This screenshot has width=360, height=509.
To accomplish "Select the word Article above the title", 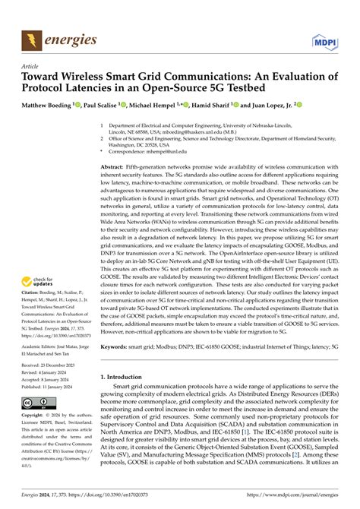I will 31,66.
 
